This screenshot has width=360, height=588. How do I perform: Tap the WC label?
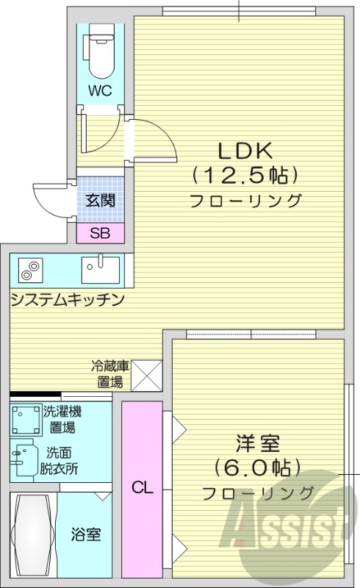point(101,91)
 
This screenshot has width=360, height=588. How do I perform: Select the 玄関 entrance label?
point(100,199)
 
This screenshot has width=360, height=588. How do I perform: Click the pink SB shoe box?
point(101,234)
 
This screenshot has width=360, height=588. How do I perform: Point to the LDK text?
point(245,151)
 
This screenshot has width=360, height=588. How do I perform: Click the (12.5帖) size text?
point(245,176)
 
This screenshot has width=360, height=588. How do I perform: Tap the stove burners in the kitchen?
point(29,271)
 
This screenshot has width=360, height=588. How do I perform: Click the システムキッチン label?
point(66,300)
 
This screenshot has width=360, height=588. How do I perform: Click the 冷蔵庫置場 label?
point(111,373)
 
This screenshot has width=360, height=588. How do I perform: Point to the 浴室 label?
point(86,534)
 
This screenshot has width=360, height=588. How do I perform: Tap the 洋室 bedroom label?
point(258,444)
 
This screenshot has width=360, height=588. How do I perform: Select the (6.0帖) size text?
point(258,467)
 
